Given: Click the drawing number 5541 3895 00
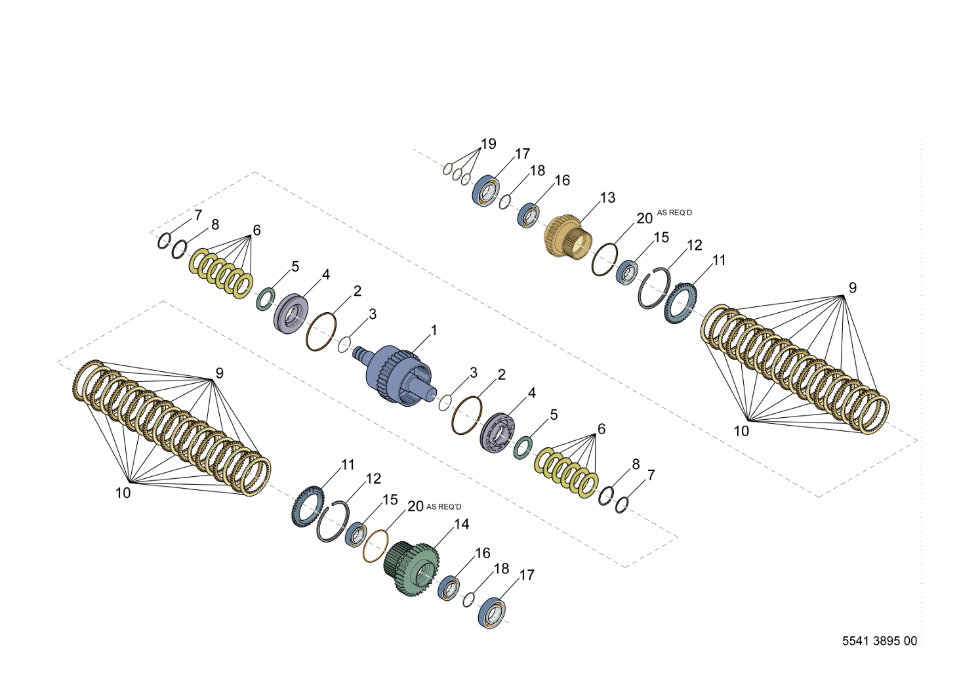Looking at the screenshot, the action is coord(880,641).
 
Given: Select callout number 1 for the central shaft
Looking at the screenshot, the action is coord(434,330).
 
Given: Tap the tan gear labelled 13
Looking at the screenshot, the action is coord(567,237).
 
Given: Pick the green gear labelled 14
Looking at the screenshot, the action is coord(412,569).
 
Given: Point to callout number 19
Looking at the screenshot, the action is coord(489,144).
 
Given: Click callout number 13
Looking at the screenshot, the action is coord(607,197).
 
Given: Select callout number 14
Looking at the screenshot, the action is coord(461,524).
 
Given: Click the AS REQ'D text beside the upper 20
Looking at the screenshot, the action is coord(675,213).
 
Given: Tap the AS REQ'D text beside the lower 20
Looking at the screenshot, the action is coord(444,507).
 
